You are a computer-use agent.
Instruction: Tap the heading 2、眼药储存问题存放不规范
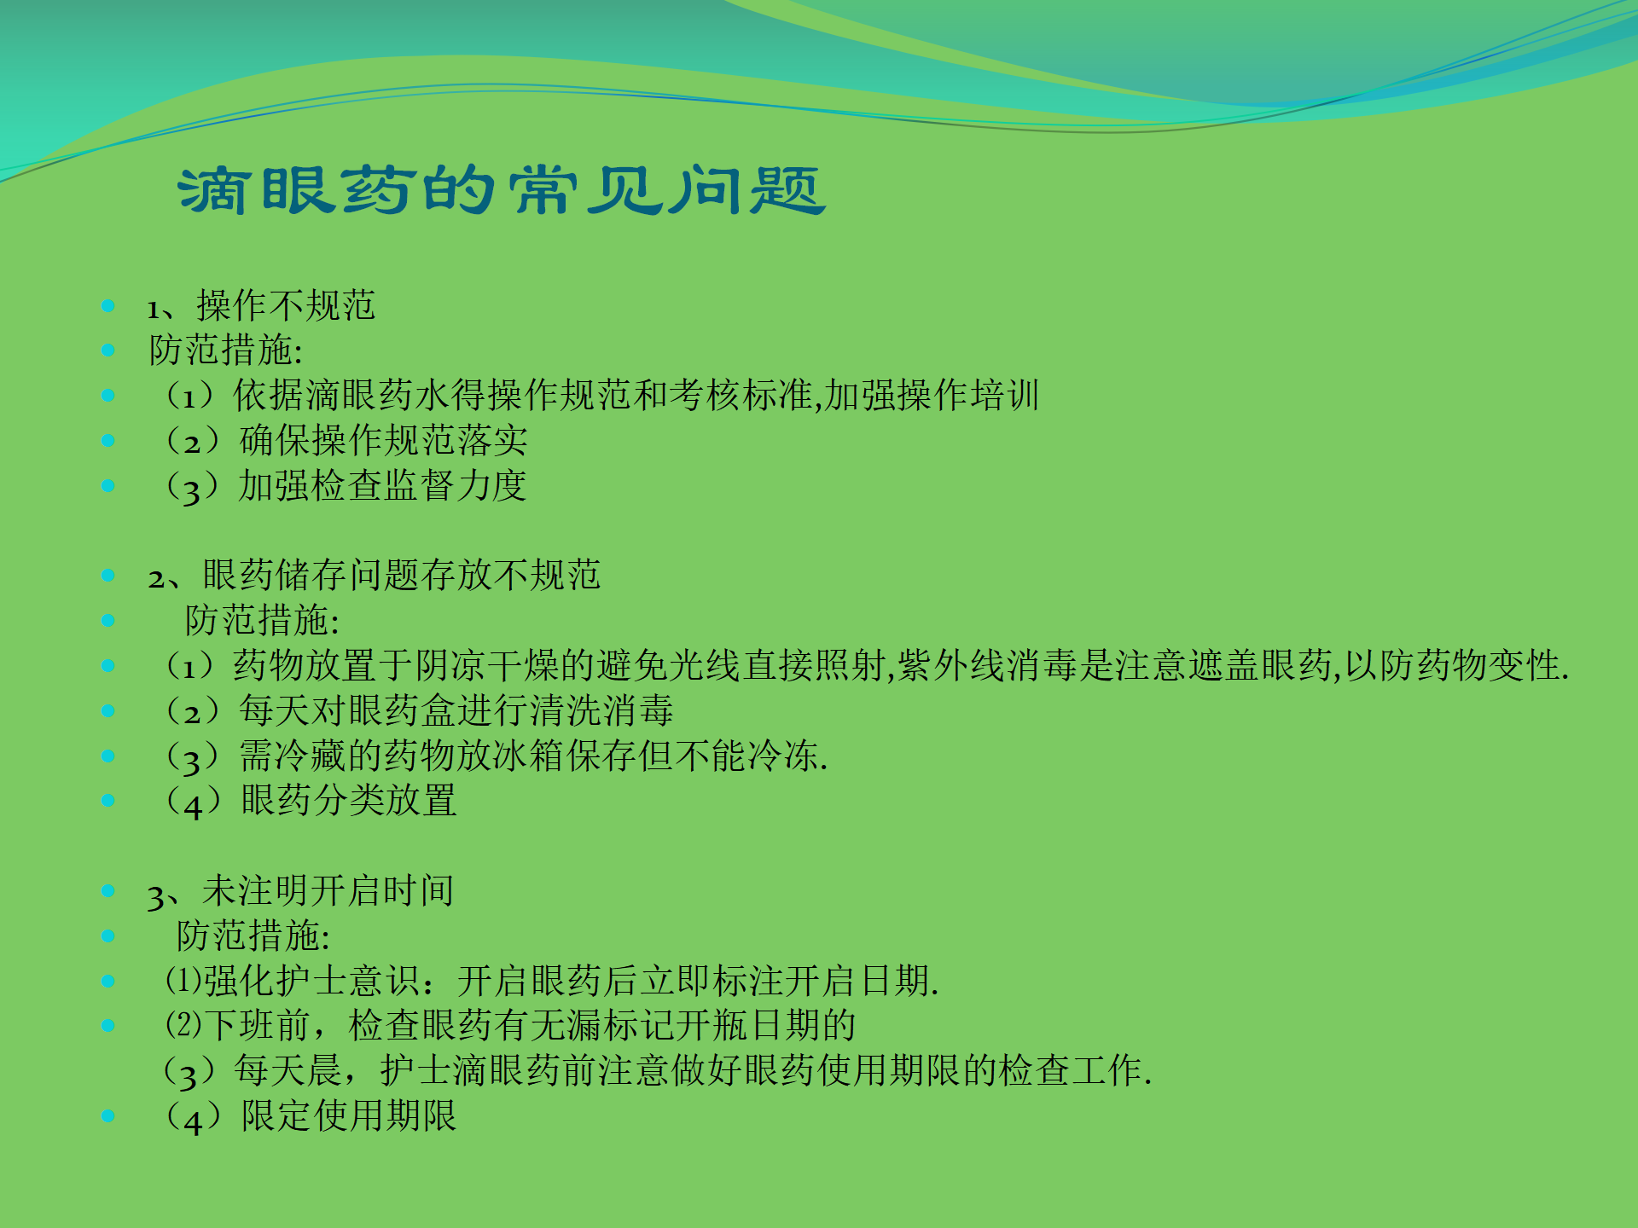click(x=375, y=576)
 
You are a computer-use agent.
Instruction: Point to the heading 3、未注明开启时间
click(x=300, y=891)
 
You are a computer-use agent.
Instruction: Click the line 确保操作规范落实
click(x=383, y=441)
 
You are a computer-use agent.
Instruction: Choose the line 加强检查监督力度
click(x=381, y=486)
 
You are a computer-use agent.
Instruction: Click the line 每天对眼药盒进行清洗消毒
click(x=456, y=710)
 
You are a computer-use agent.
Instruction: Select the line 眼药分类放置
click(x=348, y=801)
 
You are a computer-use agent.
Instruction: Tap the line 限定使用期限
click(x=348, y=1115)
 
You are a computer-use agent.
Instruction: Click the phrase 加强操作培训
click(x=932, y=396)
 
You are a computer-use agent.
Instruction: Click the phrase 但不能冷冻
click(x=741, y=756)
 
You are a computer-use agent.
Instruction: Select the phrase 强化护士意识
click(x=311, y=981)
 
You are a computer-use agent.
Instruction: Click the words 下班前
click(x=258, y=1026)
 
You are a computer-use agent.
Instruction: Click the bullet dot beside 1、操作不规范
click(x=108, y=306)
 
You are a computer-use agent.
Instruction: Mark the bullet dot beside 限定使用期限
click(x=108, y=1115)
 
